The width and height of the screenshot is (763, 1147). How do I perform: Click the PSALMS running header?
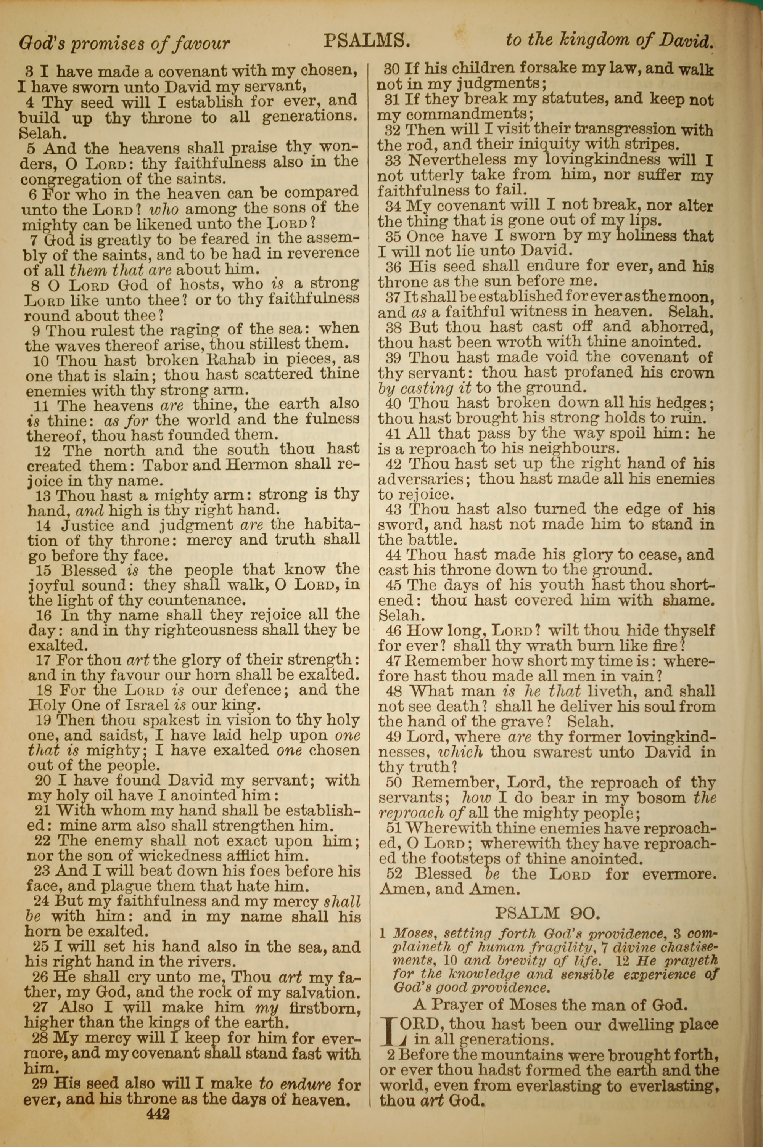point(365,41)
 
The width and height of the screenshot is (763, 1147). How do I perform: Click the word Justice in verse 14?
point(87,525)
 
